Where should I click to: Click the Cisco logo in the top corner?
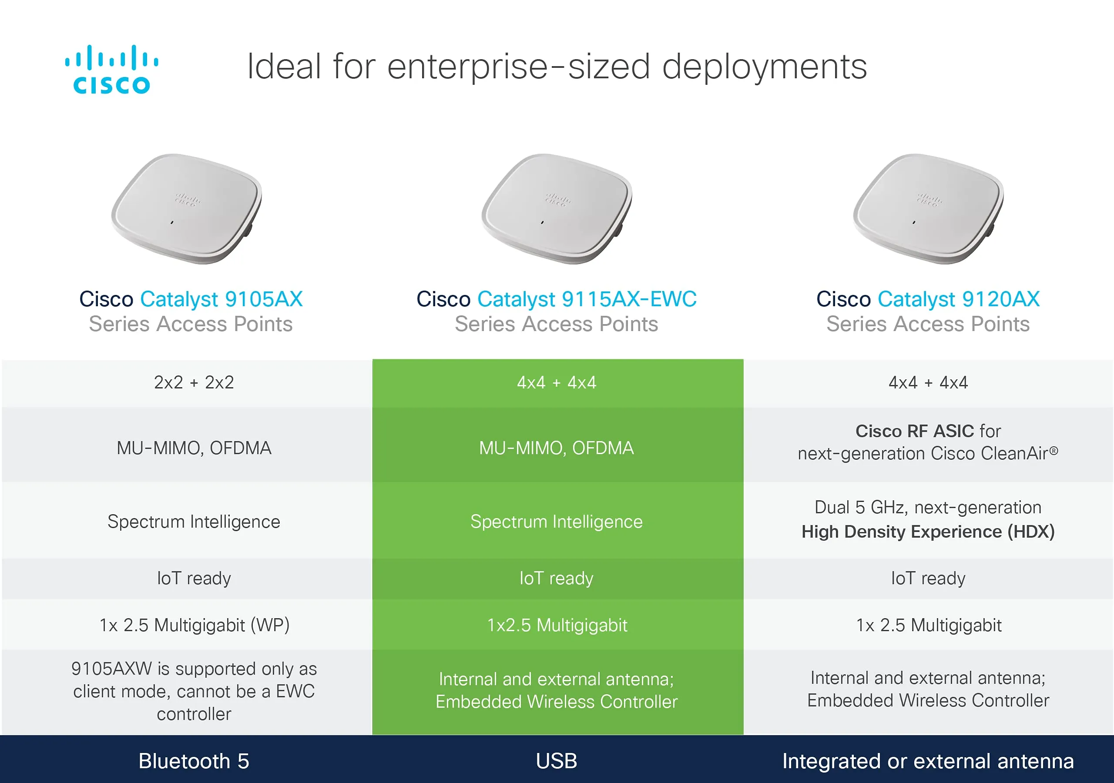111,69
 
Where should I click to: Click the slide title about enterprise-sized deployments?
557,67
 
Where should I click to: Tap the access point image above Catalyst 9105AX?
187,209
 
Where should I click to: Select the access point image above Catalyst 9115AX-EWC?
557,209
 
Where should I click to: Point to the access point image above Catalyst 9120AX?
928,209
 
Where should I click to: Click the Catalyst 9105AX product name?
221,299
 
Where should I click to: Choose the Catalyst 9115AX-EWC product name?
587,299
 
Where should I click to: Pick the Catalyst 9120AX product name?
958,299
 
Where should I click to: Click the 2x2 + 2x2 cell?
194,383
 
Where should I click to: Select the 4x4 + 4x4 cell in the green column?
557,383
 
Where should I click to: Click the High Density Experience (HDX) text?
928,532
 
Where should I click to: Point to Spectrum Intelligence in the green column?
557,522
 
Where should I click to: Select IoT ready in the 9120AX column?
928,578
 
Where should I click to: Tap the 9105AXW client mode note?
194,691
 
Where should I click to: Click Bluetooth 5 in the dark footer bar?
194,761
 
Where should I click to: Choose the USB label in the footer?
557,761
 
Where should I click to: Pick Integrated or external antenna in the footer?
928,761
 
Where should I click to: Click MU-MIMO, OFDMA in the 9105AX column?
194,448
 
